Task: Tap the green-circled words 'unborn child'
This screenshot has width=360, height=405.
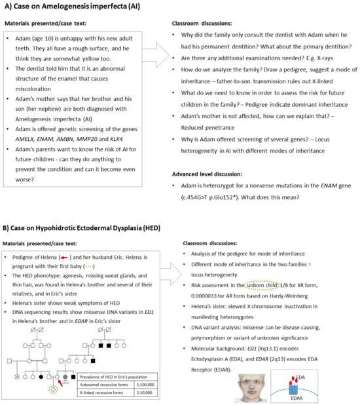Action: coord(262,285)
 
